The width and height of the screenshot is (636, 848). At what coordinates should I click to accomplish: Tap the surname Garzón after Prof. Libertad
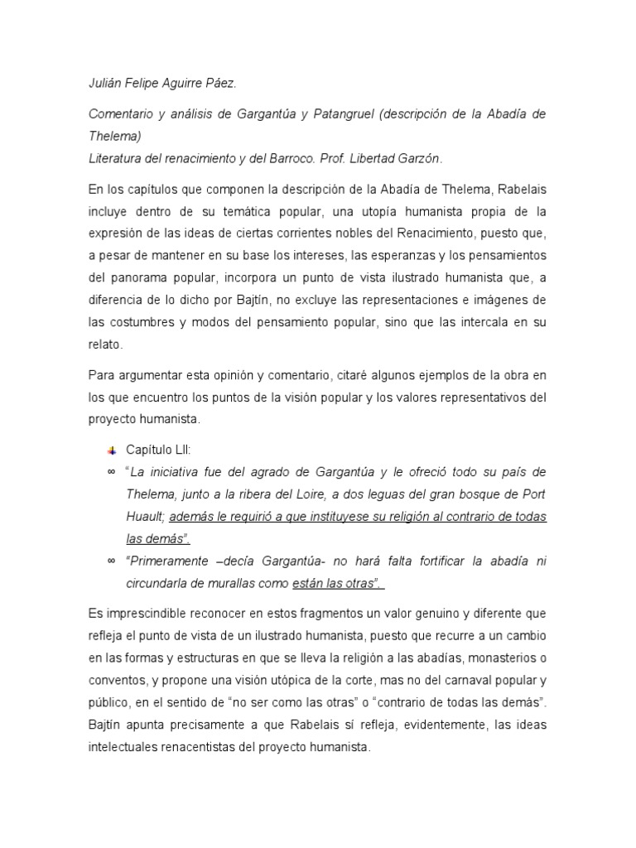coord(421,157)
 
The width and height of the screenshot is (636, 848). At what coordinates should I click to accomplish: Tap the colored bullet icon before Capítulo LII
coord(111,450)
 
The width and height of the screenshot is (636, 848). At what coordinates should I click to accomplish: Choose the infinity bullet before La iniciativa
coord(111,473)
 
